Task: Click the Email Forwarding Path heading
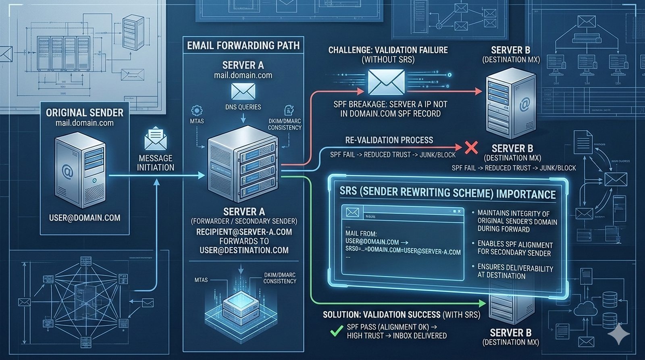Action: (x=243, y=46)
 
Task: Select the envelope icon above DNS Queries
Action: (x=243, y=92)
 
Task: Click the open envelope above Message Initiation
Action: (x=156, y=139)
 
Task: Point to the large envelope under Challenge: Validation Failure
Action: (x=386, y=82)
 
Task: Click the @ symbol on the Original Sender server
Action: (x=68, y=173)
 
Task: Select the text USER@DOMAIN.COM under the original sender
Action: (x=85, y=218)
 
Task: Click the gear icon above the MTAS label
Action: (x=197, y=110)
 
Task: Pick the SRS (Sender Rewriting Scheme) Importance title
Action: (x=447, y=193)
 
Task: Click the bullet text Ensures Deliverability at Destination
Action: (x=515, y=272)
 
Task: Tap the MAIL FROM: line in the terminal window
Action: (x=361, y=233)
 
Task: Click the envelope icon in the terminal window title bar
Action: (x=352, y=212)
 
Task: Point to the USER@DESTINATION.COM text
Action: (x=244, y=250)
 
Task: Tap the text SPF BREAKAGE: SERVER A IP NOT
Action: (x=390, y=104)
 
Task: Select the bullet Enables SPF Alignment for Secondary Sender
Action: (x=515, y=249)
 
